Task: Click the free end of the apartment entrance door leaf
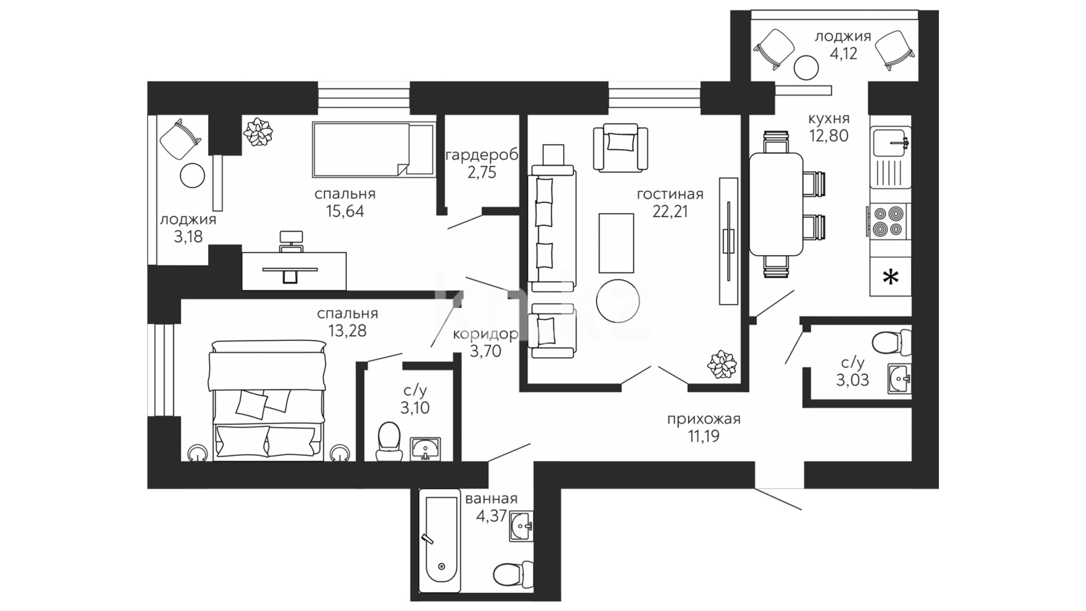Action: [801, 510]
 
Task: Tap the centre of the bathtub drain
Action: [441, 566]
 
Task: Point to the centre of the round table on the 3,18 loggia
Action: [192, 176]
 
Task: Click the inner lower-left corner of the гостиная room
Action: [528, 384]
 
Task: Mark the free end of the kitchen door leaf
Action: [794, 290]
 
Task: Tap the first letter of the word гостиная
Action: [640, 195]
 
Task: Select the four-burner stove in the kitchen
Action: [889, 221]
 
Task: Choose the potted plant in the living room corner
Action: [722, 364]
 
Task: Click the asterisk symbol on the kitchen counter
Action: [891, 277]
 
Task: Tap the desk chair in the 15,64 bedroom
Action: [291, 240]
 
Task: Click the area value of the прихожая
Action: [703, 436]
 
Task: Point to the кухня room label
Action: [829, 119]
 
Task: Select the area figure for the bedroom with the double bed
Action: [347, 331]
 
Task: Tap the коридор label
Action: [485, 334]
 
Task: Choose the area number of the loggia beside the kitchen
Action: [843, 54]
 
